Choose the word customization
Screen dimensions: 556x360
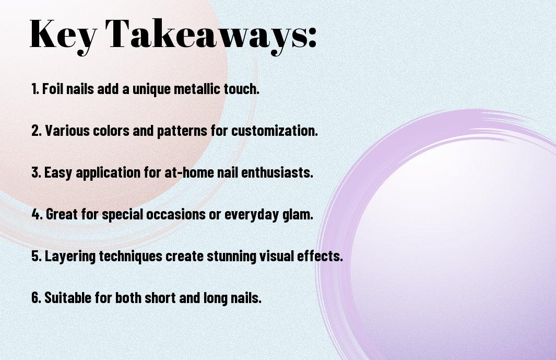275,131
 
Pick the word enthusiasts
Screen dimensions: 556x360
277,172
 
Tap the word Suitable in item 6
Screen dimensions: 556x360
68,297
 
